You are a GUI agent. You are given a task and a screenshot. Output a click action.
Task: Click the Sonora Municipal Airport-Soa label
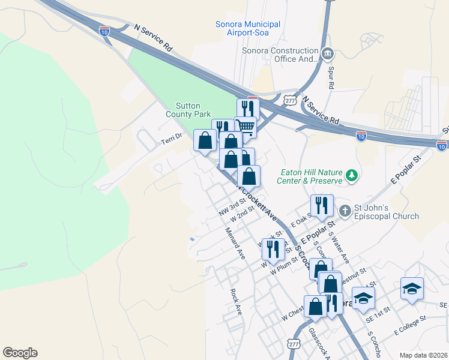[x=247, y=28]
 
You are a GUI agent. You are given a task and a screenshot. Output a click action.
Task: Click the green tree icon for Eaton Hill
[x=352, y=176]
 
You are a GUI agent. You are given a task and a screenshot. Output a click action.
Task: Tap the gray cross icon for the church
[x=345, y=211]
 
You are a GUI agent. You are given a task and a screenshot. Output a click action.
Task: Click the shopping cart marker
[x=245, y=127]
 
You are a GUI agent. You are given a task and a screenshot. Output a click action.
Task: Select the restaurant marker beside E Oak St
[x=322, y=205]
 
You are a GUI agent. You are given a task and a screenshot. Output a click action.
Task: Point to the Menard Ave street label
[x=235, y=243]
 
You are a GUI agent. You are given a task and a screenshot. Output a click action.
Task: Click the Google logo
[x=20, y=353]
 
